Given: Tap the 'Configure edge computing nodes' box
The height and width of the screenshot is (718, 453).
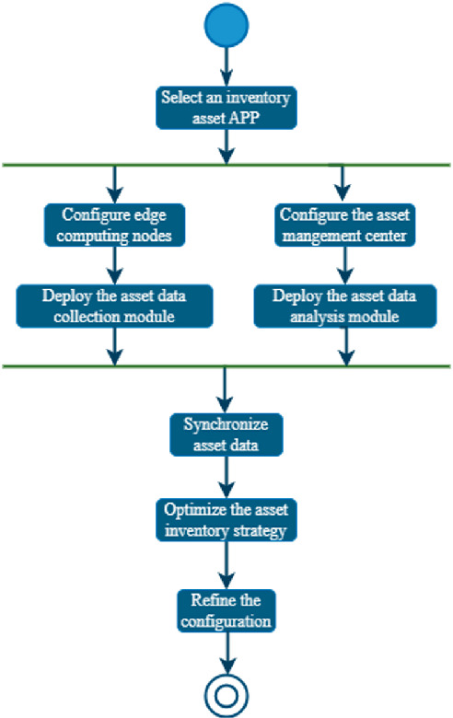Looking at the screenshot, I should tap(114, 223).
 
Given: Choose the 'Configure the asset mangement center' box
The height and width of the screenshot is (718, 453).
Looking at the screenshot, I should tap(343, 223).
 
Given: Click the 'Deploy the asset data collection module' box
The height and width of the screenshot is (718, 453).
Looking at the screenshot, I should tap(114, 305).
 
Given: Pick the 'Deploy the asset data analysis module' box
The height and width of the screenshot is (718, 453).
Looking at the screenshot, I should tap(343, 305).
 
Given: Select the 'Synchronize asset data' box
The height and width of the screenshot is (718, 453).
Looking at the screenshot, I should tap(226, 434).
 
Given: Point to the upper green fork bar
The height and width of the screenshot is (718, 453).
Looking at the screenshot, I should tap(226, 165).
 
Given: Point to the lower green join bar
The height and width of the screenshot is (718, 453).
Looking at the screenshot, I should tap(226, 366).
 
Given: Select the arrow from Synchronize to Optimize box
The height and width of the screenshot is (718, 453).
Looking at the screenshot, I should tap(226, 477).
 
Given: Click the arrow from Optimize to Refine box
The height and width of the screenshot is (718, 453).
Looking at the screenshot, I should tap(226, 563).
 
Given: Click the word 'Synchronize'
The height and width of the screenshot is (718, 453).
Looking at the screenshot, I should tap(226, 424).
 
